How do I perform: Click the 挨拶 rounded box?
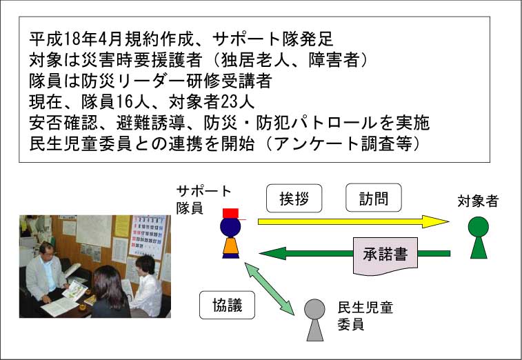click(x=294, y=199)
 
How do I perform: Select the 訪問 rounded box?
click(x=374, y=198)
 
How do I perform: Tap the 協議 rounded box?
click(x=227, y=305)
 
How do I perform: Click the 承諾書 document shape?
click(x=385, y=256)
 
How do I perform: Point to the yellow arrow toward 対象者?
click(x=354, y=221)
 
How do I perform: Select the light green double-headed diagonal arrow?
click(x=270, y=288)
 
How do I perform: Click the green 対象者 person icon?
click(x=479, y=237)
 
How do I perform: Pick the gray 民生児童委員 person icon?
click(x=314, y=320)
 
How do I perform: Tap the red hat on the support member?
click(x=231, y=213)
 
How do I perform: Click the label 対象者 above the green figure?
click(x=478, y=201)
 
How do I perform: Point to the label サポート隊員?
click(x=203, y=199)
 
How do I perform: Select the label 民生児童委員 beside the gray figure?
click(x=365, y=316)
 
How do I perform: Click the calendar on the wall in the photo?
click(x=147, y=237)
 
